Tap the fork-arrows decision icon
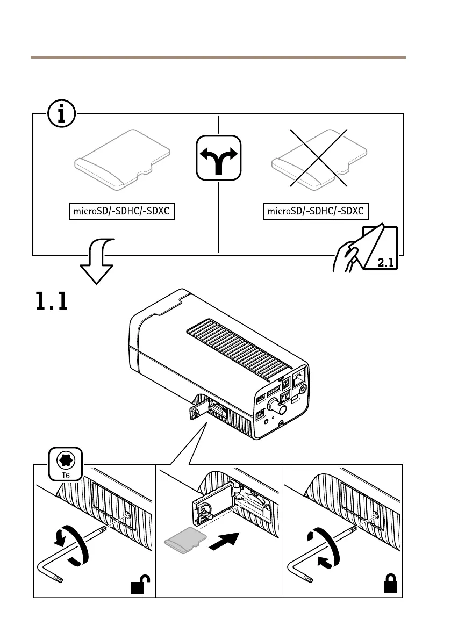click(x=219, y=157)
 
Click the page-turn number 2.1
click(x=385, y=263)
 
